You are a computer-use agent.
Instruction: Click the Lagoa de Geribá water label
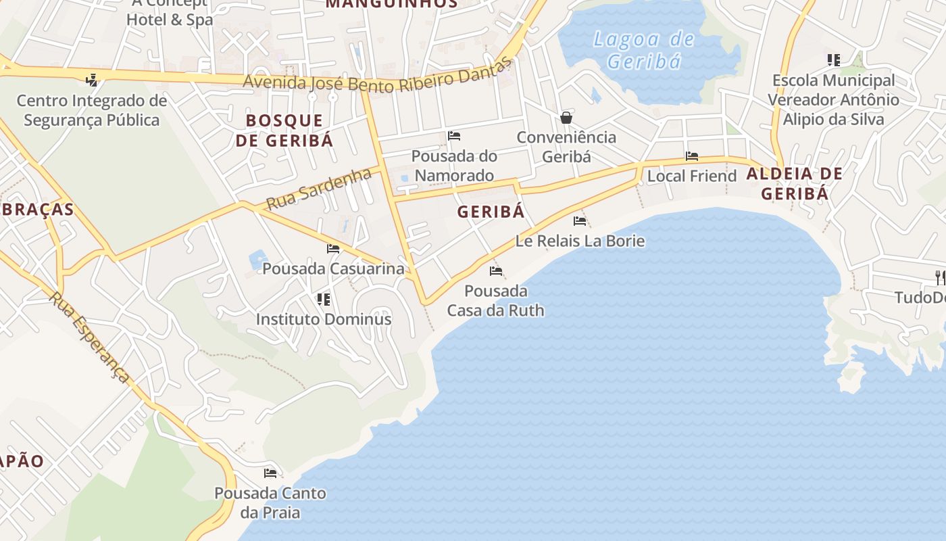pos(643,50)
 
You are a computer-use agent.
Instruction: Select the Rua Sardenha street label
pos(318,189)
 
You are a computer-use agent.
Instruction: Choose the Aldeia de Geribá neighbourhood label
pos(795,183)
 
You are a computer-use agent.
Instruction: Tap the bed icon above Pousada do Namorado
pos(454,137)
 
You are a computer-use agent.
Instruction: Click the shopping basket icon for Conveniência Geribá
pos(566,118)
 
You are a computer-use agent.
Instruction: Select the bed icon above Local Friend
pos(692,156)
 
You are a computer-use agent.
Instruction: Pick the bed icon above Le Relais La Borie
pos(580,220)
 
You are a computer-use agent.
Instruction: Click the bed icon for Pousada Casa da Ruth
pos(496,271)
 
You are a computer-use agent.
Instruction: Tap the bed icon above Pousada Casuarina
pos(333,248)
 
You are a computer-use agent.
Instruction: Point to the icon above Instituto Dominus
pos(324,299)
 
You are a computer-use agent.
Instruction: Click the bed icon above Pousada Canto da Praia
pos(270,473)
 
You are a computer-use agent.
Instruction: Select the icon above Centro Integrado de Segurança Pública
pos(91,81)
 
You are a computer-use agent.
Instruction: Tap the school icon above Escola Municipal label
pos(834,60)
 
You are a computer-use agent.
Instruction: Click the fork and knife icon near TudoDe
pos(939,277)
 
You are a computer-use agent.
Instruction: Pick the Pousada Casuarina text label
pos(333,268)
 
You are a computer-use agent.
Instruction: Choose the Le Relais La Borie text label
pos(580,241)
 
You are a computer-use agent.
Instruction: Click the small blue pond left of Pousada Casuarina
pos(258,258)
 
